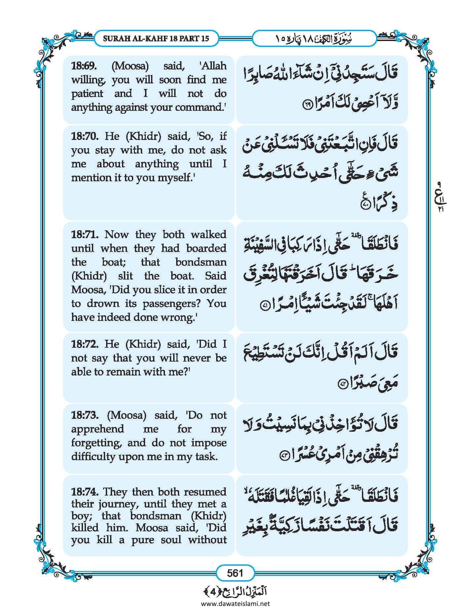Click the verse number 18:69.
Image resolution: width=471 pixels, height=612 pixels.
(84, 66)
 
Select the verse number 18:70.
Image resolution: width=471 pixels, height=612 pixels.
(84, 136)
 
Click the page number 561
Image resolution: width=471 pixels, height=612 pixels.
(235, 573)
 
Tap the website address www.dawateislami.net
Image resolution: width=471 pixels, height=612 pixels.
(235, 603)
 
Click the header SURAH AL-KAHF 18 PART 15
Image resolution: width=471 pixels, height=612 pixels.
(156, 38)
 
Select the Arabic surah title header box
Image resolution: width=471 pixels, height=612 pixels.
(314, 38)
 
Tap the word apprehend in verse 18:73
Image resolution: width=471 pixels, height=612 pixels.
(98, 429)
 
